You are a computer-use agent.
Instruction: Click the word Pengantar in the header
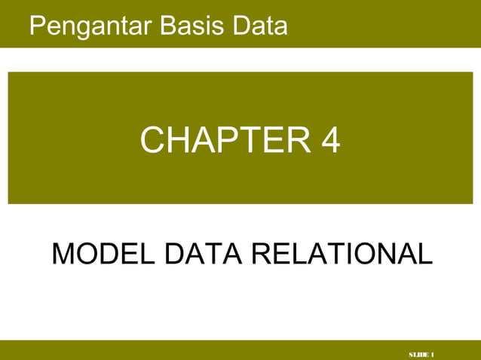pyautogui.click(x=90, y=26)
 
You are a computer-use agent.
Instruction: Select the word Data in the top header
pyautogui.click(x=260, y=26)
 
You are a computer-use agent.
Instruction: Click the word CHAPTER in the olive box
pyautogui.click(x=221, y=140)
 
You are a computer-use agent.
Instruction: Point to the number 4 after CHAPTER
pyautogui.click(x=329, y=140)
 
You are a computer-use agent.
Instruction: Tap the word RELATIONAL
pyautogui.click(x=342, y=254)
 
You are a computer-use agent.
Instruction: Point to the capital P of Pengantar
pyautogui.click(x=36, y=26)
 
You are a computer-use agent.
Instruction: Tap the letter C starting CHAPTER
pyautogui.click(x=154, y=140)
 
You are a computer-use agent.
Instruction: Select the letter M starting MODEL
pyautogui.click(x=62, y=254)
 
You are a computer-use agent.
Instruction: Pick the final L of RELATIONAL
pyautogui.click(x=426, y=254)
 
